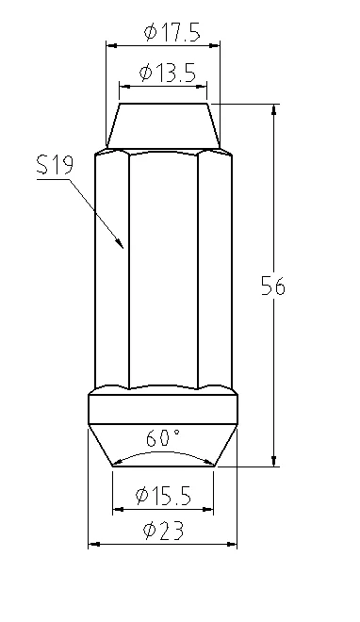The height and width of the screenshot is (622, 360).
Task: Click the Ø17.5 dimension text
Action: click(x=172, y=33)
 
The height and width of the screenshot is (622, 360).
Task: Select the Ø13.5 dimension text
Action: click(x=168, y=73)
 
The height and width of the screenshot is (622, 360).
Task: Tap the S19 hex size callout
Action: click(x=55, y=166)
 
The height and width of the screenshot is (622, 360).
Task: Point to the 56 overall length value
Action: click(x=272, y=286)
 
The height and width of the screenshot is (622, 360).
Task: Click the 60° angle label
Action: click(x=162, y=438)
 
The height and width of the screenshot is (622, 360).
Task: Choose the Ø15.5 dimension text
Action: click(x=163, y=496)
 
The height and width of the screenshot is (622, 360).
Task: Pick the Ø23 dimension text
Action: click(x=164, y=531)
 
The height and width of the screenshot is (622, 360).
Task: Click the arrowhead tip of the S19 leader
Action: click(x=123, y=248)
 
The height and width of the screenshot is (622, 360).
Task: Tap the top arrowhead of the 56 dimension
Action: click(x=273, y=105)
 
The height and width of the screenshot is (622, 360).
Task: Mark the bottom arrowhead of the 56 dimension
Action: click(x=273, y=466)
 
